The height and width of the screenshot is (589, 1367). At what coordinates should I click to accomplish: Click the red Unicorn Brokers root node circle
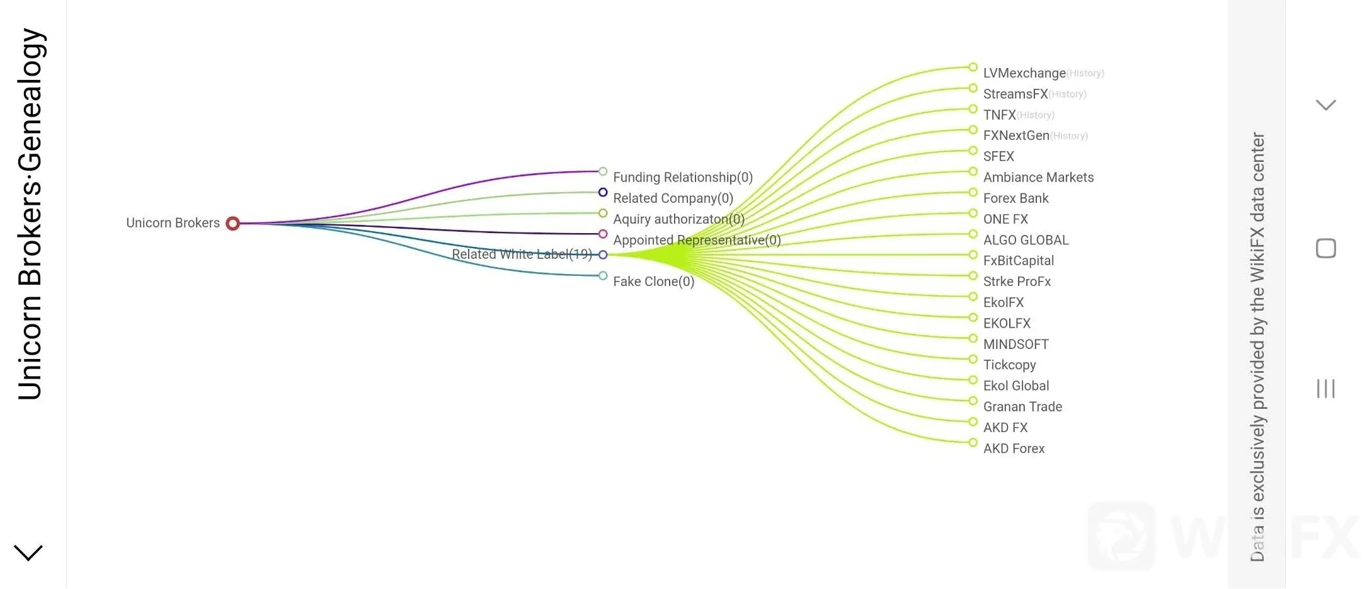232,223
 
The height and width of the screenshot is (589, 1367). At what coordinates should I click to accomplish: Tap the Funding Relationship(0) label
683,178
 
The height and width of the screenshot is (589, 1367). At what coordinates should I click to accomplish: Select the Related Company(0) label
673,198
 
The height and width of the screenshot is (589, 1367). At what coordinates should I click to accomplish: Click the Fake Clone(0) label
653,282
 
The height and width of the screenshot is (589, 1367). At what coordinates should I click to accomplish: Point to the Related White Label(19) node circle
603,255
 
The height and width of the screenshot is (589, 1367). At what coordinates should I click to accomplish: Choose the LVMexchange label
1024,73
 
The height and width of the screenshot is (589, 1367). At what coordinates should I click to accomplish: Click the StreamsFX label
1015,94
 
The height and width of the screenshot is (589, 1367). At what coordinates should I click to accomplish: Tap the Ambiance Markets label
1038,178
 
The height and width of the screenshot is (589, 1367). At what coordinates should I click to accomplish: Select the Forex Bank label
1015,198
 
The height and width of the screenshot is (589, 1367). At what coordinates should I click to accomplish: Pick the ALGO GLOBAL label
1026,240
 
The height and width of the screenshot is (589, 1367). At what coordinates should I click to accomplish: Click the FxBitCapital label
1018,261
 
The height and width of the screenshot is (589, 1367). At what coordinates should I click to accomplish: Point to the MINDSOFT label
1015,345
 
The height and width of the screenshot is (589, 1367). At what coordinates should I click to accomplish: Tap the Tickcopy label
1009,365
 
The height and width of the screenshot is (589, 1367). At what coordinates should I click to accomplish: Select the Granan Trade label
1022,407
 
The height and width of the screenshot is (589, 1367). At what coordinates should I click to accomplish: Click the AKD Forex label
1014,449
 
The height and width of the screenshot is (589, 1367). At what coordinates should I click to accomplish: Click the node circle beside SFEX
973,151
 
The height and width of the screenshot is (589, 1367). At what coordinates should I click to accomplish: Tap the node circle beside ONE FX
973,214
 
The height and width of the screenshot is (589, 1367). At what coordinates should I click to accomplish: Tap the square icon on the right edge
1325,248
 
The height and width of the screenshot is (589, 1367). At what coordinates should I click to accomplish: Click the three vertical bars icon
1325,388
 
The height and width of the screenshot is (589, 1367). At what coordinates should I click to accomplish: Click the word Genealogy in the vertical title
30,99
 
